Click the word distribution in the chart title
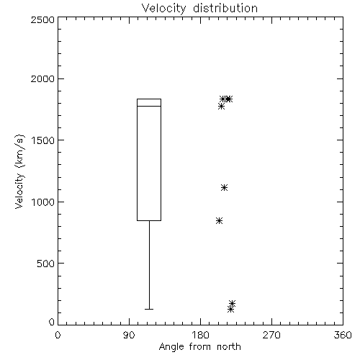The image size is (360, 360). click(225, 8)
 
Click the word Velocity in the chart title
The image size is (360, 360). click(163, 9)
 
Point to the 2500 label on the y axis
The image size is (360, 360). click(42, 19)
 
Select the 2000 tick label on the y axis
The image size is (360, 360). click(42, 78)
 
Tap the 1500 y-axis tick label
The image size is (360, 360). click(43, 140)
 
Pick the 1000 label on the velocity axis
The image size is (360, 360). click(43, 202)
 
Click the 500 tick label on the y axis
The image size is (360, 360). click(46, 264)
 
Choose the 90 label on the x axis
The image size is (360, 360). click(129, 335)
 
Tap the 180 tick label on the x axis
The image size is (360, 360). click(200, 335)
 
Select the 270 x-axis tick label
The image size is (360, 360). click(271, 335)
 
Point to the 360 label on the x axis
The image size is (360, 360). click(343, 335)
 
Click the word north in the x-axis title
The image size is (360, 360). click(229, 346)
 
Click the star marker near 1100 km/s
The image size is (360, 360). click(224, 187)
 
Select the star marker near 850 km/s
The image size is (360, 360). click(219, 220)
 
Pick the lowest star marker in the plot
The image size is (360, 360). click(230, 310)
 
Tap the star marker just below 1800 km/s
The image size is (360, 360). click(221, 106)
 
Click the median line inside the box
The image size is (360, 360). click(149, 106)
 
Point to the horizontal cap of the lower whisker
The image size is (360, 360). click(149, 309)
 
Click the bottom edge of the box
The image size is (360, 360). click(149, 220)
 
